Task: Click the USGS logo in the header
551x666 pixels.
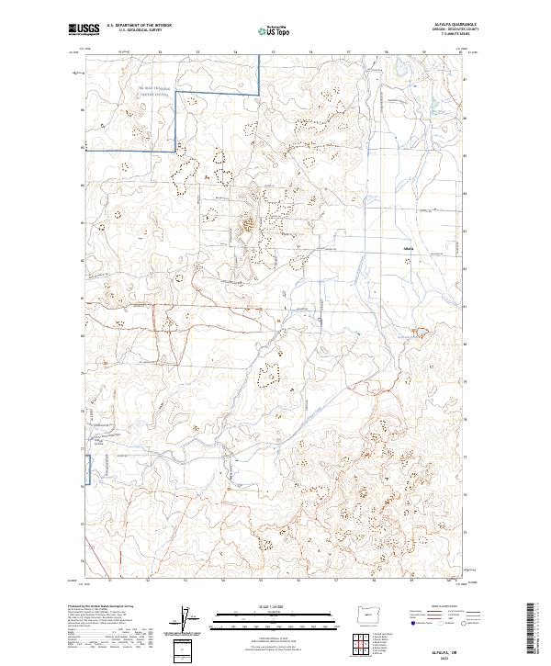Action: [x=83, y=29]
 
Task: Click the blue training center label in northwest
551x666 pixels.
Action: [x=155, y=89]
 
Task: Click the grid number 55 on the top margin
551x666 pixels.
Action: [x=273, y=52]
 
